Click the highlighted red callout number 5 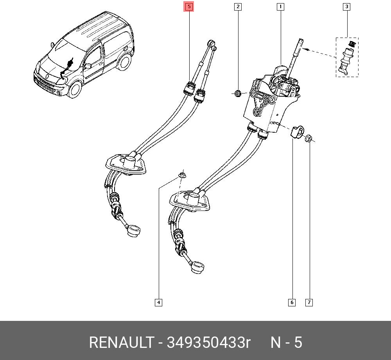coord(189,7)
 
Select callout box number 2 coord(238,7)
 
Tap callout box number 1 coord(280,7)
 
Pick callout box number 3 coord(346,7)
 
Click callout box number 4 coord(158,302)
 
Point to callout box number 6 coord(292,302)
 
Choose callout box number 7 coord(309,302)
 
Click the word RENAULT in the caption coord(121,343)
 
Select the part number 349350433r coord(208,343)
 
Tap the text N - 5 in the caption coord(287,343)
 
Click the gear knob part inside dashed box coord(347,58)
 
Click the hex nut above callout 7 coord(308,138)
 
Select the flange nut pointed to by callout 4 coord(181,175)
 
